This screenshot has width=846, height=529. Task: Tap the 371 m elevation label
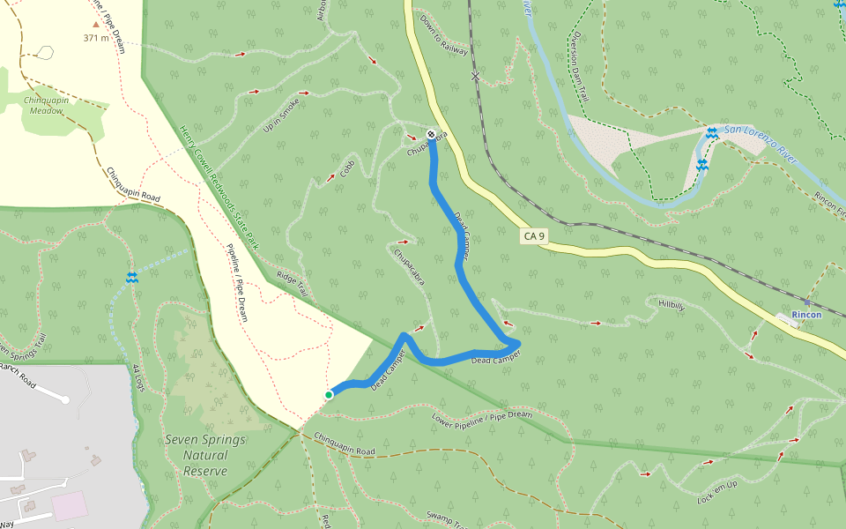[96, 38]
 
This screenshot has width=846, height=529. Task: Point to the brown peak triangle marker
[96, 25]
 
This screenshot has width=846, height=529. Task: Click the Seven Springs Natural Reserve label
[195, 455]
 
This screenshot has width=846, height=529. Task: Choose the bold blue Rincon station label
[806, 315]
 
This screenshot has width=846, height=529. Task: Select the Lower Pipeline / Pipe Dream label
[482, 421]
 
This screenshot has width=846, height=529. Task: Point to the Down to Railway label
[443, 35]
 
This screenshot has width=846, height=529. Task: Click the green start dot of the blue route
[329, 395]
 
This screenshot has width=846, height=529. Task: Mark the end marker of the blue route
[431, 134]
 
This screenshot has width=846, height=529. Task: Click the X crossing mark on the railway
[476, 77]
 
